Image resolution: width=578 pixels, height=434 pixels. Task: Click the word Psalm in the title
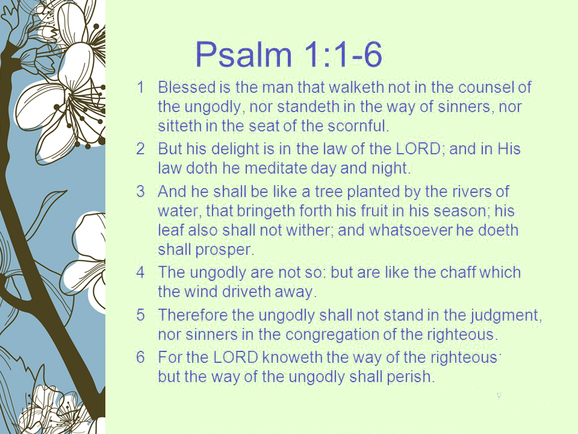pos(244,54)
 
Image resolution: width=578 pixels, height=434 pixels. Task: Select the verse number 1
pos(140,87)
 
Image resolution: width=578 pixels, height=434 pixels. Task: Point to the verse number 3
pos(140,192)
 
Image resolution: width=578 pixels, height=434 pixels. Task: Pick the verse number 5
pos(140,315)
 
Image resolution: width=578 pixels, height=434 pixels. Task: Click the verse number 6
pos(140,357)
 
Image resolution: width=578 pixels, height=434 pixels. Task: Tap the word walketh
pos(356,87)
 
